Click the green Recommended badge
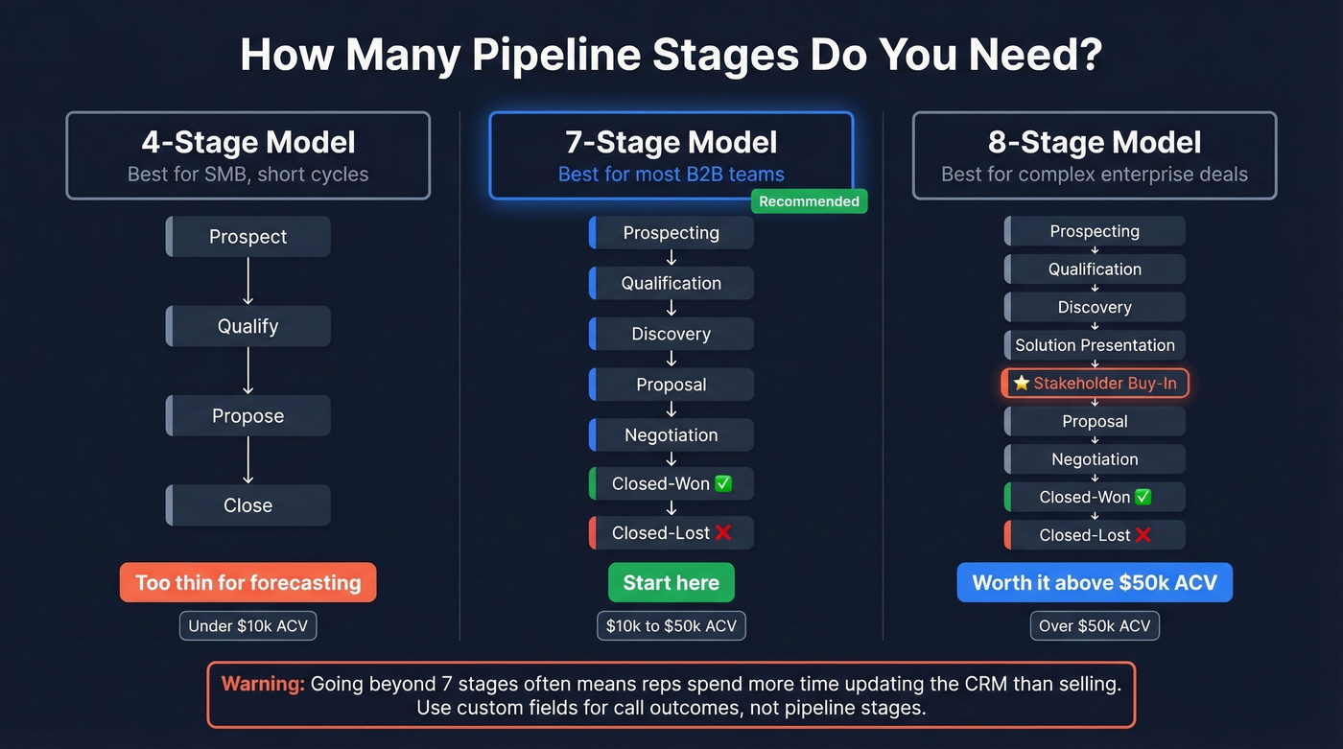tap(809, 201)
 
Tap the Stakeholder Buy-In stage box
tap(1095, 384)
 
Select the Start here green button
tap(671, 582)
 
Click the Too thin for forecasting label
tap(247, 582)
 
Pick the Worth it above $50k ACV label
tap(1095, 582)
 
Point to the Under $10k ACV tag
tap(247, 626)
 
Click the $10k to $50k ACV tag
tap(671, 626)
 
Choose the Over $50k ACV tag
tap(1095, 626)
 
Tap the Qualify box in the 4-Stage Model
tap(247, 326)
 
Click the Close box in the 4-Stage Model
tap(247, 505)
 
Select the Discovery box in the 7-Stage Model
tap(671, 334)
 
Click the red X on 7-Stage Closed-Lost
tap(723, 532)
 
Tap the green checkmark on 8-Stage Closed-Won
tap(1143, 497)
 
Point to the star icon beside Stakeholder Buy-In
tap(1022, 384)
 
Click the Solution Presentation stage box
tap(1095, 345)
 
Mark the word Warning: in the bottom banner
tap(263, 684)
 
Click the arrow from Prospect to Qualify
tap(247, 281)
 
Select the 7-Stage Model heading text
tap(671, 143)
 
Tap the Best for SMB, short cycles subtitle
tap(247, 175)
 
